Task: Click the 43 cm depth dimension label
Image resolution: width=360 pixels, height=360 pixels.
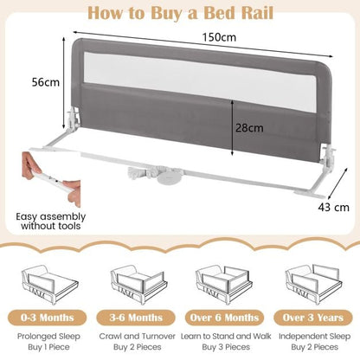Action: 333,207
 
